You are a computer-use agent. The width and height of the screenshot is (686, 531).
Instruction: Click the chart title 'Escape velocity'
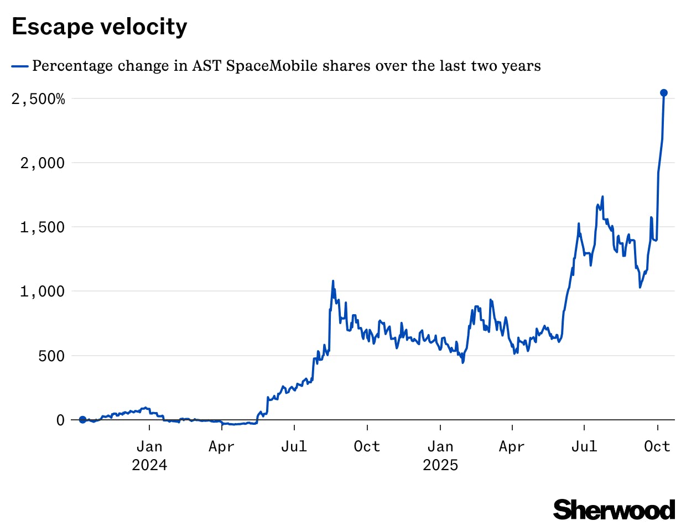100,27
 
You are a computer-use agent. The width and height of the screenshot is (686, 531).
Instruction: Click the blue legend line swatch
20,66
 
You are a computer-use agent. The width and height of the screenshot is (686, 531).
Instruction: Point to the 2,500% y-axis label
38,99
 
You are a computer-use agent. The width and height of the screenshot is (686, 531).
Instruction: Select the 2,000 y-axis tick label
43,163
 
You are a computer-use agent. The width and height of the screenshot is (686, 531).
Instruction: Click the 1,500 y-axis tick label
43,227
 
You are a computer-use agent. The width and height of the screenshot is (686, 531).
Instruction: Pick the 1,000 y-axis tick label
43,291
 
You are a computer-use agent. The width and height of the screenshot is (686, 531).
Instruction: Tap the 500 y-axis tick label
51,356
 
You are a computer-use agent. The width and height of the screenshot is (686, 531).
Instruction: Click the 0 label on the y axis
60,420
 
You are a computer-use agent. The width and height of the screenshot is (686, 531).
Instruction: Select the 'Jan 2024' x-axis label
149,455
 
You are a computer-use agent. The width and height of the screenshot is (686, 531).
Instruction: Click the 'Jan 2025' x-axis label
440,455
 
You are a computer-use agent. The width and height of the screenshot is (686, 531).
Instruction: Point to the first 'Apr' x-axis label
221,446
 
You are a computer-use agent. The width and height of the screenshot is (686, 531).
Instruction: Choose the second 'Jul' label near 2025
584,446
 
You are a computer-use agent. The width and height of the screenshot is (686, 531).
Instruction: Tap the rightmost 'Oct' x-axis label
657,446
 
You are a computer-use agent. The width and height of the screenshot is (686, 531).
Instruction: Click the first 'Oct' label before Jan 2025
367,446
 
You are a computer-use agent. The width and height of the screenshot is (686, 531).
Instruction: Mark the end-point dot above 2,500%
664,93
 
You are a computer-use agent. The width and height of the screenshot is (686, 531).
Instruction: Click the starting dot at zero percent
83,420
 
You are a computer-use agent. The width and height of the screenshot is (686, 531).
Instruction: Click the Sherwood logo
614,509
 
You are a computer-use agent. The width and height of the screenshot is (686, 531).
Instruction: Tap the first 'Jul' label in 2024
294,446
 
